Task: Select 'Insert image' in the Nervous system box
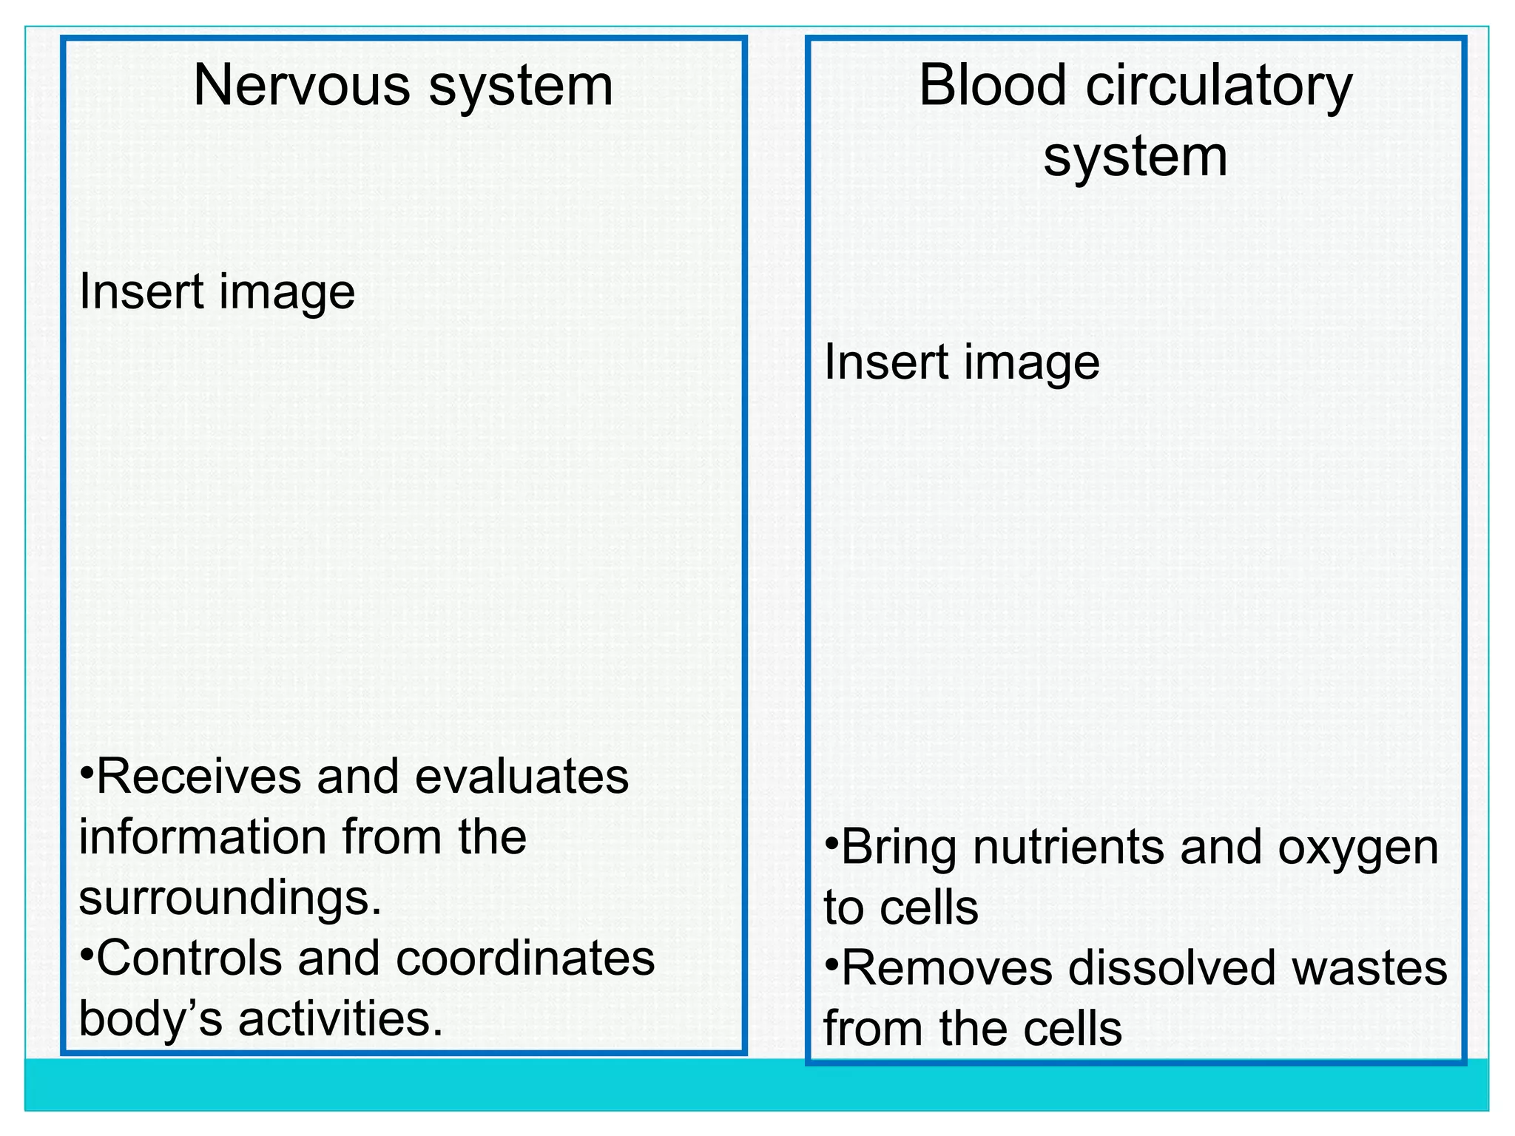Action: pos(217,292)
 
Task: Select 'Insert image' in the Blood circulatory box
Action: pos(962,362)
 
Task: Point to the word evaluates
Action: pos(522,777)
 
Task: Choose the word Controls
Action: pos(189,958)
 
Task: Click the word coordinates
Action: pos(525,958)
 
